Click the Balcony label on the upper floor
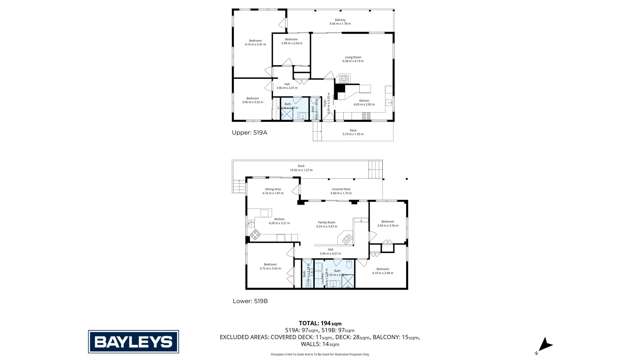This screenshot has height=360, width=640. (340, 21)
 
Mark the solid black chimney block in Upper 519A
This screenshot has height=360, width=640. (341, 88)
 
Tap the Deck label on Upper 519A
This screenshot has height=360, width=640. (353, 131)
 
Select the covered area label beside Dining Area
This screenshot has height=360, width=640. (340, 190)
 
